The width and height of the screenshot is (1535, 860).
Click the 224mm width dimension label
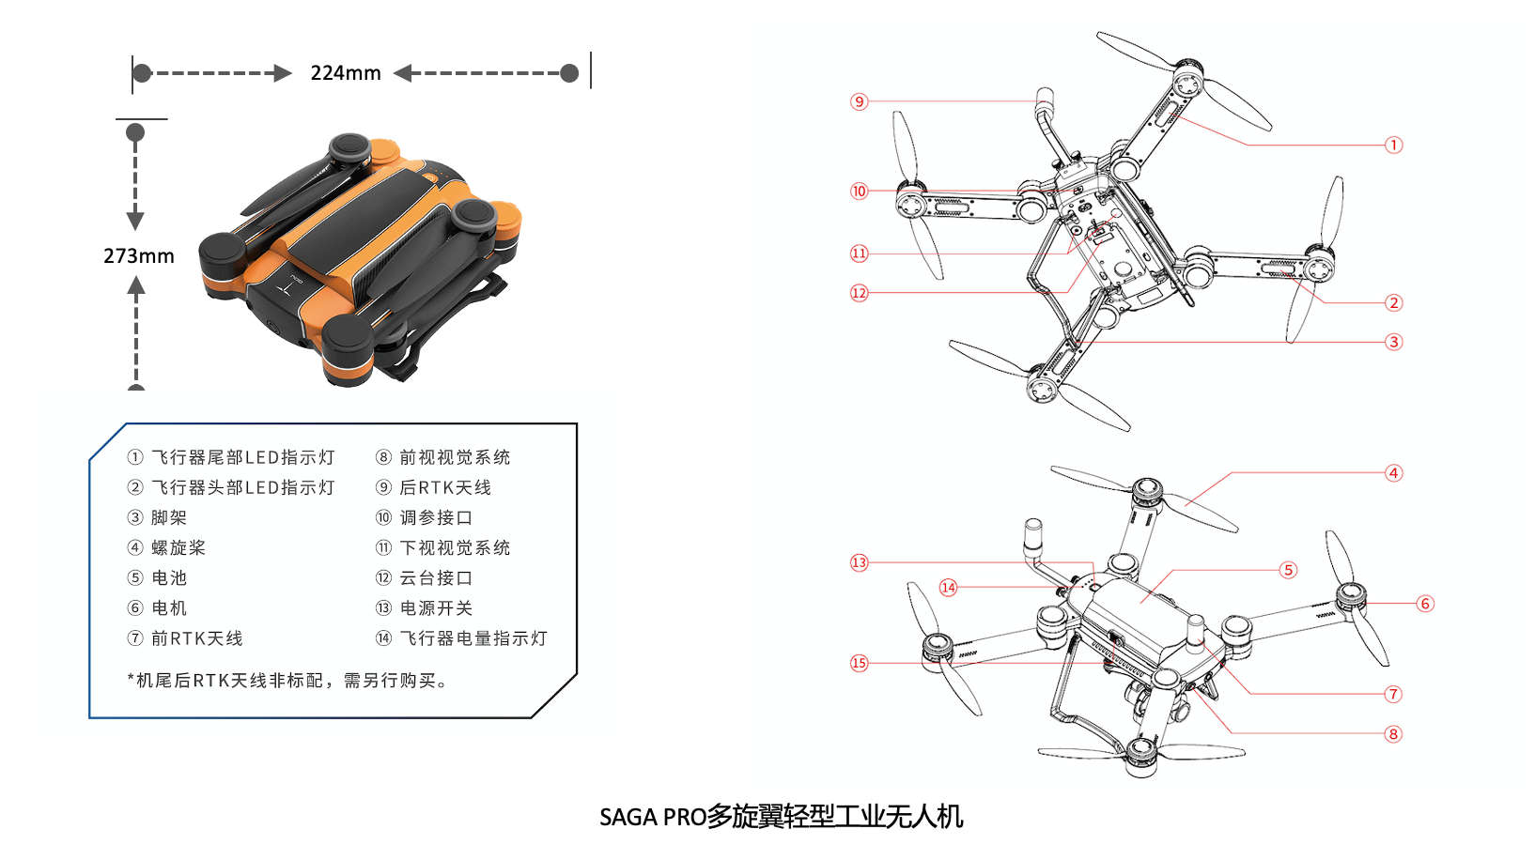pyautogui.click(x=346, y=72)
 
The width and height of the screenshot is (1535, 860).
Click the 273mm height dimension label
pyautogui.click(x=138, y=256)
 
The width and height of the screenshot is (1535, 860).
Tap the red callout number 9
pyautogui.click(x=860, y=102)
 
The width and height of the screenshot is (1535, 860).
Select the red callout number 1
pyautogui.click(x=1393, y=146)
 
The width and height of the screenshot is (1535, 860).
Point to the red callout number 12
pyautogui.click(x=860, y=293)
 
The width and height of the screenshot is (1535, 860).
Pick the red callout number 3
pyautogui.click(x=1393, y=342)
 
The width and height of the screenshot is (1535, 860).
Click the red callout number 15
pyautogui.click(x=860, y=663)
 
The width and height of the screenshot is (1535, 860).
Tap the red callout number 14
pyautogui.click(x=949, y=588)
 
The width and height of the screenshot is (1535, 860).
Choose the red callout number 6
pyautogui.click(x=1425, y=604)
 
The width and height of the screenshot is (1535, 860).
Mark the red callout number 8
pyautogui.click(x=1393, y=735)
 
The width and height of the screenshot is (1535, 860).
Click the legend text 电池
pyautogui.click(x=169, y=578)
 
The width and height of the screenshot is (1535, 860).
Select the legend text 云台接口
pyautogui.click(x=437, y=578)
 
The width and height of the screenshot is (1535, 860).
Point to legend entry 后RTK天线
pyautogui.click(x=445, y=487)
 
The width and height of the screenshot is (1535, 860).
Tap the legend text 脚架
pyautogui.click(x=169, y=517)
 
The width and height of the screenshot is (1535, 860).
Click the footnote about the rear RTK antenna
pyautogui.click(x=287, y=681)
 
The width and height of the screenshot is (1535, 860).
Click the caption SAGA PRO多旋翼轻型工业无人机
pyautogui.click(x=782, y=817)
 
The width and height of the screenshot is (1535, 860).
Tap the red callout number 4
pyautogui.click(x=1393, y=473)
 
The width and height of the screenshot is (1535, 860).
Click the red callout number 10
pyautogui.click(x=860, y=191)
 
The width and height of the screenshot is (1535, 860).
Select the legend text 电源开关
pyautogui.click(x=437, y=608)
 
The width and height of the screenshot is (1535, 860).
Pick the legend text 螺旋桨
pyautogui.click(x=178, y=547)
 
